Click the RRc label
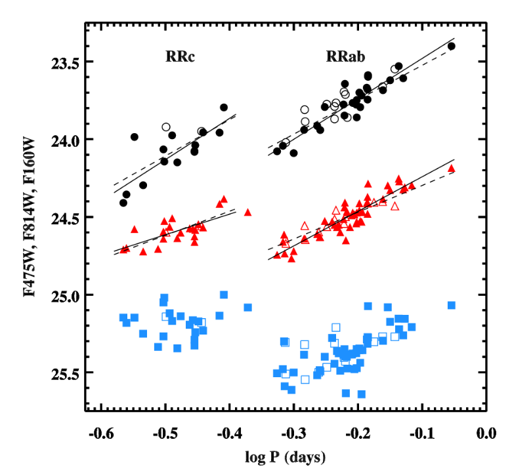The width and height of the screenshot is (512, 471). (181, 57)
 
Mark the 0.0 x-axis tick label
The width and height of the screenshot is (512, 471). (486, 434)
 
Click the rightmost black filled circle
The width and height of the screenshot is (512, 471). (451, 46)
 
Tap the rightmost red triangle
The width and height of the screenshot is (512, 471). (451, 169)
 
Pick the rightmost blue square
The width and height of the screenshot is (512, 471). (451, 305)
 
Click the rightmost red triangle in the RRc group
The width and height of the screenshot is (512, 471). (247, 212)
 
